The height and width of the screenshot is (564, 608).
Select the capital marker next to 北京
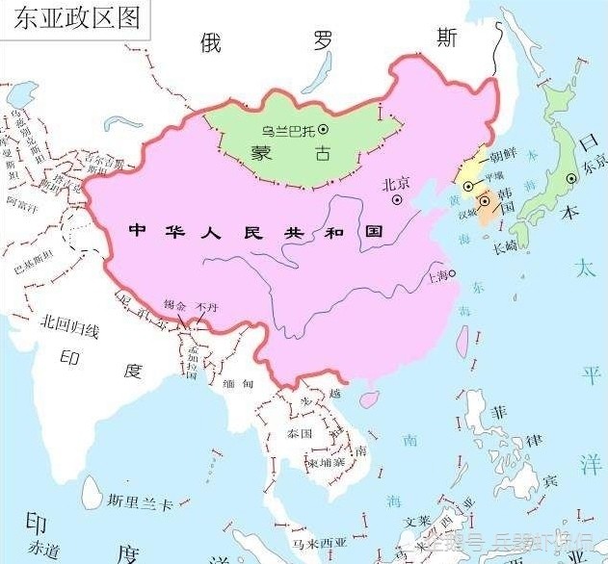tap(397, 200)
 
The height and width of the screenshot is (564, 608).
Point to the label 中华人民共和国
tap(254, 232)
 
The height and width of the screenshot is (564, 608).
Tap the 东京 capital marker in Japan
tap(571, 178)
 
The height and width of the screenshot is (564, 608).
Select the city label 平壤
tap(493, 176)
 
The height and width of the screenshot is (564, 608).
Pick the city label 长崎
tap(505, 247)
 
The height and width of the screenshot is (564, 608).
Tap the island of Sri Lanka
tap(93, 494)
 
